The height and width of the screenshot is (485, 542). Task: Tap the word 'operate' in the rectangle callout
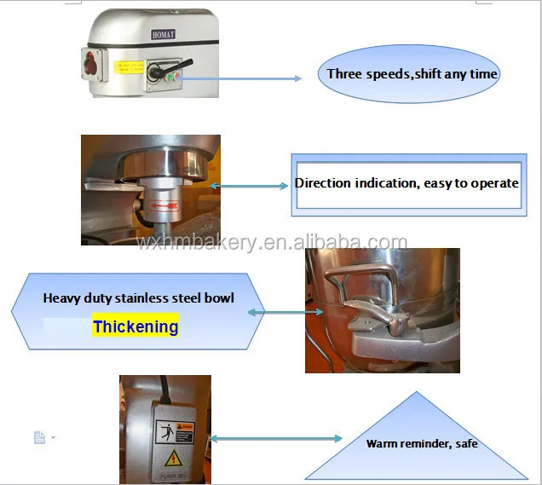(495, 182)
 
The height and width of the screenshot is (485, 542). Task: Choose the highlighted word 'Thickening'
(135, 326)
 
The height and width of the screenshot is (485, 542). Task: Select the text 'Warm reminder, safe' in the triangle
(422, 443)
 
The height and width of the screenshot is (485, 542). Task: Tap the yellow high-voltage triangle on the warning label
(165, 453)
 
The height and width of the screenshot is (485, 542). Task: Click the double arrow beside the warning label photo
(275, 438)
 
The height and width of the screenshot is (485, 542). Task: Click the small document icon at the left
(39, 437)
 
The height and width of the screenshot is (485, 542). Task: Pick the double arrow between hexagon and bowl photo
(278, 313)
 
